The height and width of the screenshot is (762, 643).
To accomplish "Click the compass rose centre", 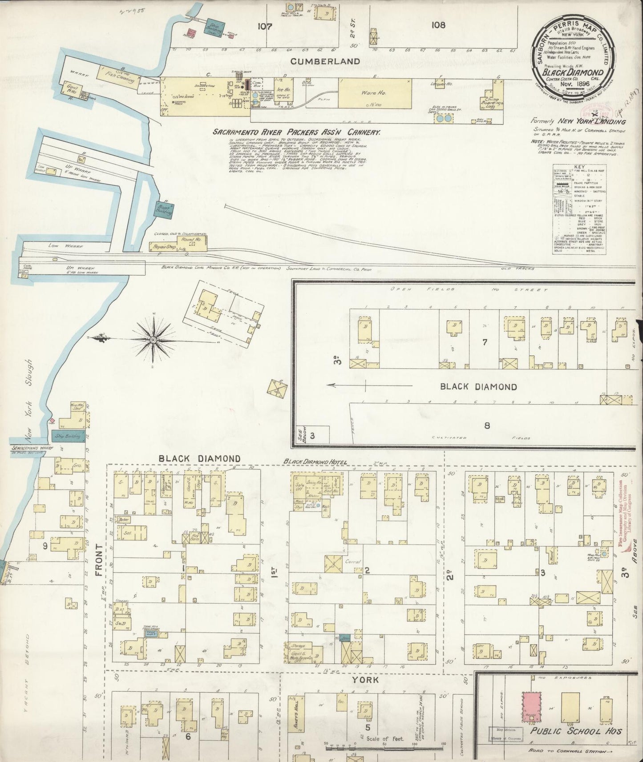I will coord(153,340).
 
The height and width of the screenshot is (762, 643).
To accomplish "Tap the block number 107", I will coord(264,26).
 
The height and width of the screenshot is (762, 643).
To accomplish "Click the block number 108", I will coord(438,25).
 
